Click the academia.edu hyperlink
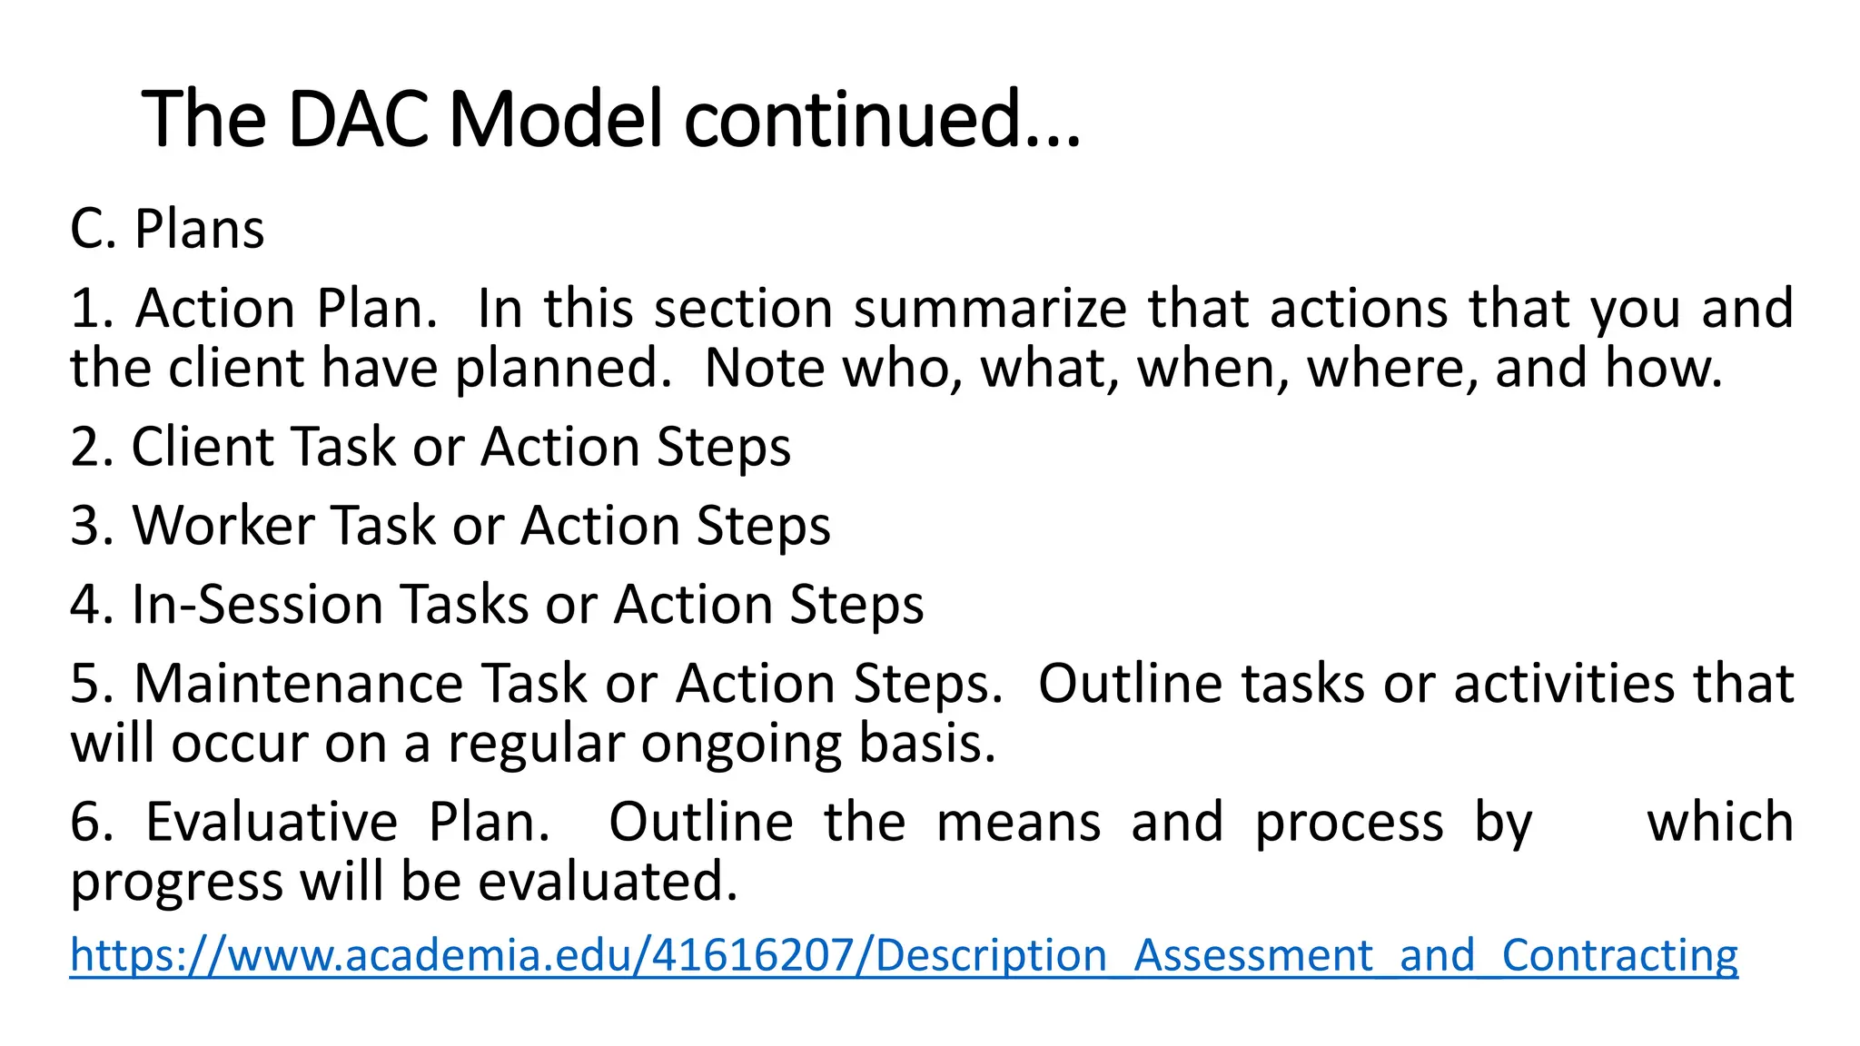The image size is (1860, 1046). click(x=904, y=955)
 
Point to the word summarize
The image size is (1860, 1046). click(x=989, y=308)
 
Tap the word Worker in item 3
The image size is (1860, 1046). click(x=223, y=526)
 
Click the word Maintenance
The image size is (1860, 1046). click(x=299, y=684)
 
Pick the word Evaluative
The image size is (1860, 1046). click(x=272, y=823)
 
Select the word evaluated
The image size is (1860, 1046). click(x=608, y=883)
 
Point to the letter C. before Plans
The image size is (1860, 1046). click(x=93, y=229)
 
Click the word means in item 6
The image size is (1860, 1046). click(x=1018, y=823)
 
